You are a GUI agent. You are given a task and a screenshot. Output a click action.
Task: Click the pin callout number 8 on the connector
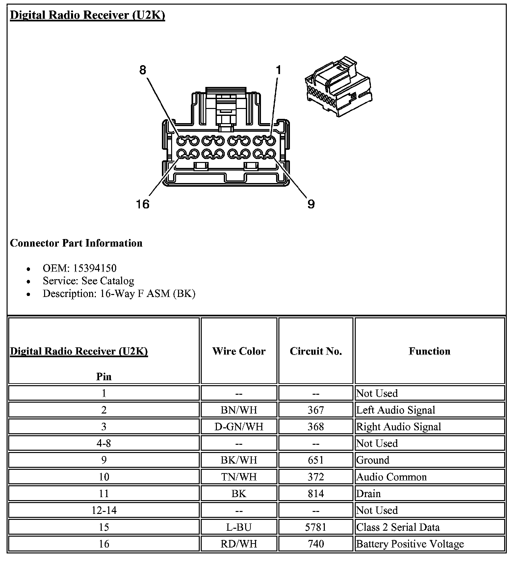click(142, 70)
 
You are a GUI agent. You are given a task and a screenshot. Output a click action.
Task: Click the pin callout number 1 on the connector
click(278, 70)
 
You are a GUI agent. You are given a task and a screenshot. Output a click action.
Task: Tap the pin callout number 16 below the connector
click(142, 204)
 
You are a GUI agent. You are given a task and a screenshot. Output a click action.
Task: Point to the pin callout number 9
click(311, 204)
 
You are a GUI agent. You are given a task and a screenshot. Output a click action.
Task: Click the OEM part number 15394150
click(94, 268)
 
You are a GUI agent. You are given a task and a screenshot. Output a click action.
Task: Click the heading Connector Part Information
click(76, 243)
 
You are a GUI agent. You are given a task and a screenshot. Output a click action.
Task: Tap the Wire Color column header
click(239, 351)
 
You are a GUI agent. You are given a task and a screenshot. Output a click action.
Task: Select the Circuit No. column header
click(316, 351)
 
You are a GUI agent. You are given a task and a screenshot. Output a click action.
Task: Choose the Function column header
click(429, 351)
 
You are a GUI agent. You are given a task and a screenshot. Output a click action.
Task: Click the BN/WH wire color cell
click(239, 410)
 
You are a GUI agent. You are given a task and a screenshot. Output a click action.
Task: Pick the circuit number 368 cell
click(316, 427)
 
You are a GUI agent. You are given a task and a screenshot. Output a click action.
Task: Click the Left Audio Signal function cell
click(396, 410)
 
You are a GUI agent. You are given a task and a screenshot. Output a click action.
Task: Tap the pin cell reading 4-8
click(104, 443)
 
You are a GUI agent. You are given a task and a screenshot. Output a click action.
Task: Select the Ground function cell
click(373, 460)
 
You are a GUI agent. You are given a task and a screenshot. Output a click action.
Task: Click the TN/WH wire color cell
click(239, 477)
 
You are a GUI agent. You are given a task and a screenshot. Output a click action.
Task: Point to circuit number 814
click(316, 494)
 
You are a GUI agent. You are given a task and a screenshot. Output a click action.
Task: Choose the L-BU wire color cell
click(239, 527)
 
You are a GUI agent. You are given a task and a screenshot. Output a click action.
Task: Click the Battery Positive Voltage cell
click(410, 544)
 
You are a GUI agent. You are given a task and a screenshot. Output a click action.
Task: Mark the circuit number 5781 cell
click(316, 527)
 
